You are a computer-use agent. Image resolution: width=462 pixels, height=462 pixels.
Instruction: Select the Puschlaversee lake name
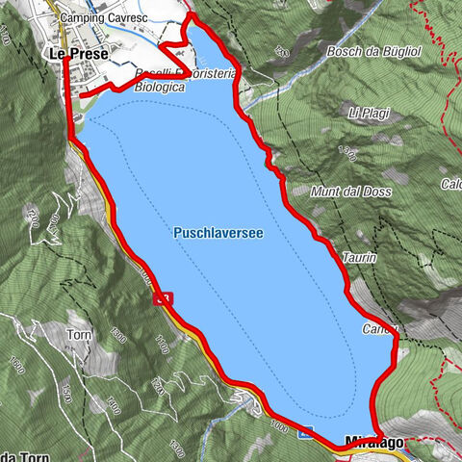[x=219, y=233]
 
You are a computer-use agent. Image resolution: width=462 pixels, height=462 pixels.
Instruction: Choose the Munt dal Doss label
[x=350, y=192]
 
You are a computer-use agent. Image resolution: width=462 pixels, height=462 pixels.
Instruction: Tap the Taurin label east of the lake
[x=358, y=259]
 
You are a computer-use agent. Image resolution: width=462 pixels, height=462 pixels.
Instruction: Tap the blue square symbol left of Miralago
[x=303, y=435]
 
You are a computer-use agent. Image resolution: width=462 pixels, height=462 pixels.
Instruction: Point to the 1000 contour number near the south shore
[x=280, y=423]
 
